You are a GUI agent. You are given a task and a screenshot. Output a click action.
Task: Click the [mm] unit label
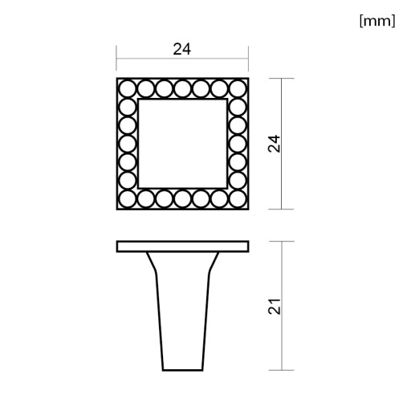click(x=377, y=21)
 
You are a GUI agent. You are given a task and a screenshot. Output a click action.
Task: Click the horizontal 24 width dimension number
click(x=182, y=49)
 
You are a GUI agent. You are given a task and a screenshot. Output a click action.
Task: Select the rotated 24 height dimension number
click(x=274, y=144)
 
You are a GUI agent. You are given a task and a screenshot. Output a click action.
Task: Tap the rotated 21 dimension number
click(x=275, y=306)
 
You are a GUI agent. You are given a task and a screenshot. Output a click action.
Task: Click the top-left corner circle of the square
click(x=128, y=89)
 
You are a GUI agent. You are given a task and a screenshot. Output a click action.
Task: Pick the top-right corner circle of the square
click(x=238, y=89)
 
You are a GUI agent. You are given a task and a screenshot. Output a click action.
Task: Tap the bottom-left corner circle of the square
click(x=128, y=199)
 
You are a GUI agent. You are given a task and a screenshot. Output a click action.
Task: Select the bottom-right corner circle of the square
click(x=238, y=199)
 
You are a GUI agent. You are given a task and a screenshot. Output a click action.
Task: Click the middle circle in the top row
click(x=182, y=89)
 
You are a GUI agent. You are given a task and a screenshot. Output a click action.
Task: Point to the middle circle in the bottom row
click(x=182, y=199)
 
